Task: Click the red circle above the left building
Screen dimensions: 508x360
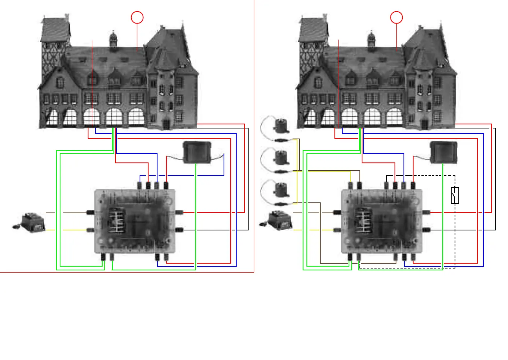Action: click(x=137, y=18)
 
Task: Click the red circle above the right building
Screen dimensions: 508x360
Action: click(x=396, y=18)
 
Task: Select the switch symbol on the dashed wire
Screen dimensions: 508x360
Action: click(x=455, y=195)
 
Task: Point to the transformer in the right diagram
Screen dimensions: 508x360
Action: click(x=281, y=221)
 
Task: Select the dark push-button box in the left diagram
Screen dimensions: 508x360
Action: click(x=197, y=152)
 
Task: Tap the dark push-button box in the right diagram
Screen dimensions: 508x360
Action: click(x=444, y=152)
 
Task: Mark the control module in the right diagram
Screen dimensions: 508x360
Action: click(x=381, y=221)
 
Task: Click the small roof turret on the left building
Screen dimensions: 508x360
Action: click(x=113, y=39)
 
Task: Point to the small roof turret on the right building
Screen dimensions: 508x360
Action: click(x=371, y=39)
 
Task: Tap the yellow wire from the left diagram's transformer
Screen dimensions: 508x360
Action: click(x=71, y=230)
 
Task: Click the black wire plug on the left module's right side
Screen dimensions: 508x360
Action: click(x=179, y=230)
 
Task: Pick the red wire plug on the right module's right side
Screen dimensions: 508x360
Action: click(x=427, y=212)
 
